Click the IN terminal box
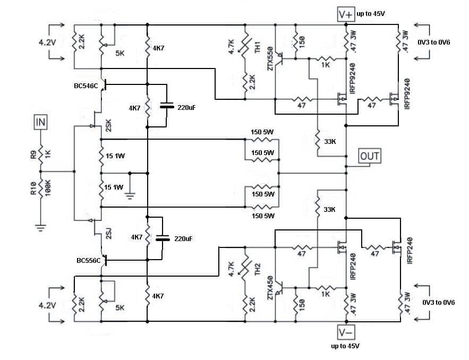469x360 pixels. click(40, 122)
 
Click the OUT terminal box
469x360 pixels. click(370, 156)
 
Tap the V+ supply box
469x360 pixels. click(346, 14)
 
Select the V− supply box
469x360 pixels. click(346, 332)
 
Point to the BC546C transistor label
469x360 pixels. click(86, 86)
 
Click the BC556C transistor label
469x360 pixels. click(89, 261)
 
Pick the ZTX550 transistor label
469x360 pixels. click(270, 59)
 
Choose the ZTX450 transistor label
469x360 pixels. click(270, 288)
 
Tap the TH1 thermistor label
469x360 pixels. click(258, 47)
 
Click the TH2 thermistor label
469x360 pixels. click(258, 269)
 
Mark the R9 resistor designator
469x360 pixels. click(33, 155)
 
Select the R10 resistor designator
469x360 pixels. click(33, 188)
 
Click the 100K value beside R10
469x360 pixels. click(48, 188)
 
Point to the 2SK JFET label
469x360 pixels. click(108, 126)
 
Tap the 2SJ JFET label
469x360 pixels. click(108, 234)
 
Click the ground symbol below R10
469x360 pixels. click(40, 228)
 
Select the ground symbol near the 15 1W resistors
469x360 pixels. click(130, 196)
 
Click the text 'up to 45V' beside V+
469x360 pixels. click(371, 14)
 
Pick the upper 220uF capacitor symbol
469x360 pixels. click(167, 106)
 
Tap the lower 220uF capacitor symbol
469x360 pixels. click(163, 238)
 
